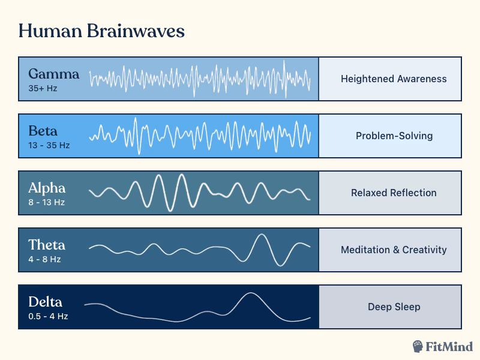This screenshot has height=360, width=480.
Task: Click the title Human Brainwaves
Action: click(101, 31)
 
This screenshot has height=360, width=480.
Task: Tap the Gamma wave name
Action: click(53, 74)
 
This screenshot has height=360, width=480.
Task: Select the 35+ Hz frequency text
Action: click(42, 88)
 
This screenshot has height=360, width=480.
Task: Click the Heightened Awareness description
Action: click(394, 79)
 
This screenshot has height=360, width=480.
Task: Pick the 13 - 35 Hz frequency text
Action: click(49, 145)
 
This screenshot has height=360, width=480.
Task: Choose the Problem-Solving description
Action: click(394, 136)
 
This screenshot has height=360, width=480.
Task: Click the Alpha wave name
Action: click(47, 188)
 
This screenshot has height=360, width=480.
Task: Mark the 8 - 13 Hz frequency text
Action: click(46, 202)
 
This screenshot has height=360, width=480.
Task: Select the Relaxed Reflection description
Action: click(394, 193)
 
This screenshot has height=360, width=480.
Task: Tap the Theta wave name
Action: click(47, 245)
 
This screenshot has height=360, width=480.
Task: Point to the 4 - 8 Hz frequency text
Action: click(44, 259)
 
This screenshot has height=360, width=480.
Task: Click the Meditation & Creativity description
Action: click(394, 250)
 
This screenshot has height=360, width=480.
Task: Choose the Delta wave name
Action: click(45, 302)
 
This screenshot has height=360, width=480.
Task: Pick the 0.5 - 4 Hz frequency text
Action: click(48, 316)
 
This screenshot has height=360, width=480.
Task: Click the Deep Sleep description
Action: click(394, 307)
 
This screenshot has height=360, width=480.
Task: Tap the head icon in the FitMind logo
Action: click(419, 346)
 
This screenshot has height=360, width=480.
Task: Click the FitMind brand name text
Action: click(449, 346)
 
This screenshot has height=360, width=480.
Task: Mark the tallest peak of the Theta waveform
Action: click(261, 235)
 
